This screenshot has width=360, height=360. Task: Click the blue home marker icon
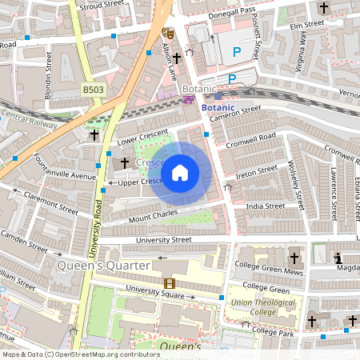click(x=180, y=173)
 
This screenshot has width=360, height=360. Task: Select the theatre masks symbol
click(x=168, y=34)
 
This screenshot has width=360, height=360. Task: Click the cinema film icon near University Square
click(x=169, y=283)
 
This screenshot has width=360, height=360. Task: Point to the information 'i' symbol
click(x=338, y=258)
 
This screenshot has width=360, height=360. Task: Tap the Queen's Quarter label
click(x=103, y=265)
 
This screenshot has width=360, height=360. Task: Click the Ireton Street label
click(x=257, y=171)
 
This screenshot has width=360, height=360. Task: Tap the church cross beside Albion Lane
click(x=177, y=58)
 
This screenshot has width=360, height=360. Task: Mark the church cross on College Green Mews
click(x=294, y=258)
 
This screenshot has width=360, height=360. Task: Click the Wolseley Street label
click(x=294, y=182)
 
